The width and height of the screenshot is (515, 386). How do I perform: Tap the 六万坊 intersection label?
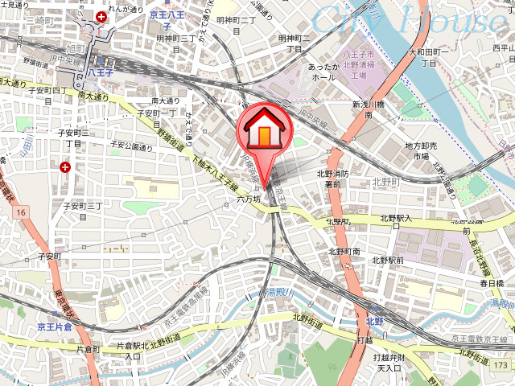point(249,198)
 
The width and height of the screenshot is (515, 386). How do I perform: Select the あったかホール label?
point(321,72)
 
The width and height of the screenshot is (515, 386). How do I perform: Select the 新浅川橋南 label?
point(367,110)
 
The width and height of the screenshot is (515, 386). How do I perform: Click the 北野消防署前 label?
point(332,178)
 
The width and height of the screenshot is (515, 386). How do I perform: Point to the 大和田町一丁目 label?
point(422,57)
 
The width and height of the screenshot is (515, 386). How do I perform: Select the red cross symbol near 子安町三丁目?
point(65,166)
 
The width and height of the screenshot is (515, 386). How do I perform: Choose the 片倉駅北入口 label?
point(130,350)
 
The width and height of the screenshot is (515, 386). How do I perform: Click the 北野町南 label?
point(345,252)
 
